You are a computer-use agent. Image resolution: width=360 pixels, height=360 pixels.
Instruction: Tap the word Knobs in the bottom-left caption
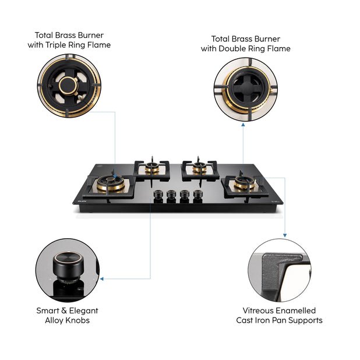click(81, 320)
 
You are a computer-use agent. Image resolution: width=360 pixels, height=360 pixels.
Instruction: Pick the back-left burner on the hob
click(153, 168)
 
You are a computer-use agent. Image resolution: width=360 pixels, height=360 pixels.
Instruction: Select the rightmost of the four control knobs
click(197, 196)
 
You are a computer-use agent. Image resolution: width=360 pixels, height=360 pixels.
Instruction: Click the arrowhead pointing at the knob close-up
click(101, 279)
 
